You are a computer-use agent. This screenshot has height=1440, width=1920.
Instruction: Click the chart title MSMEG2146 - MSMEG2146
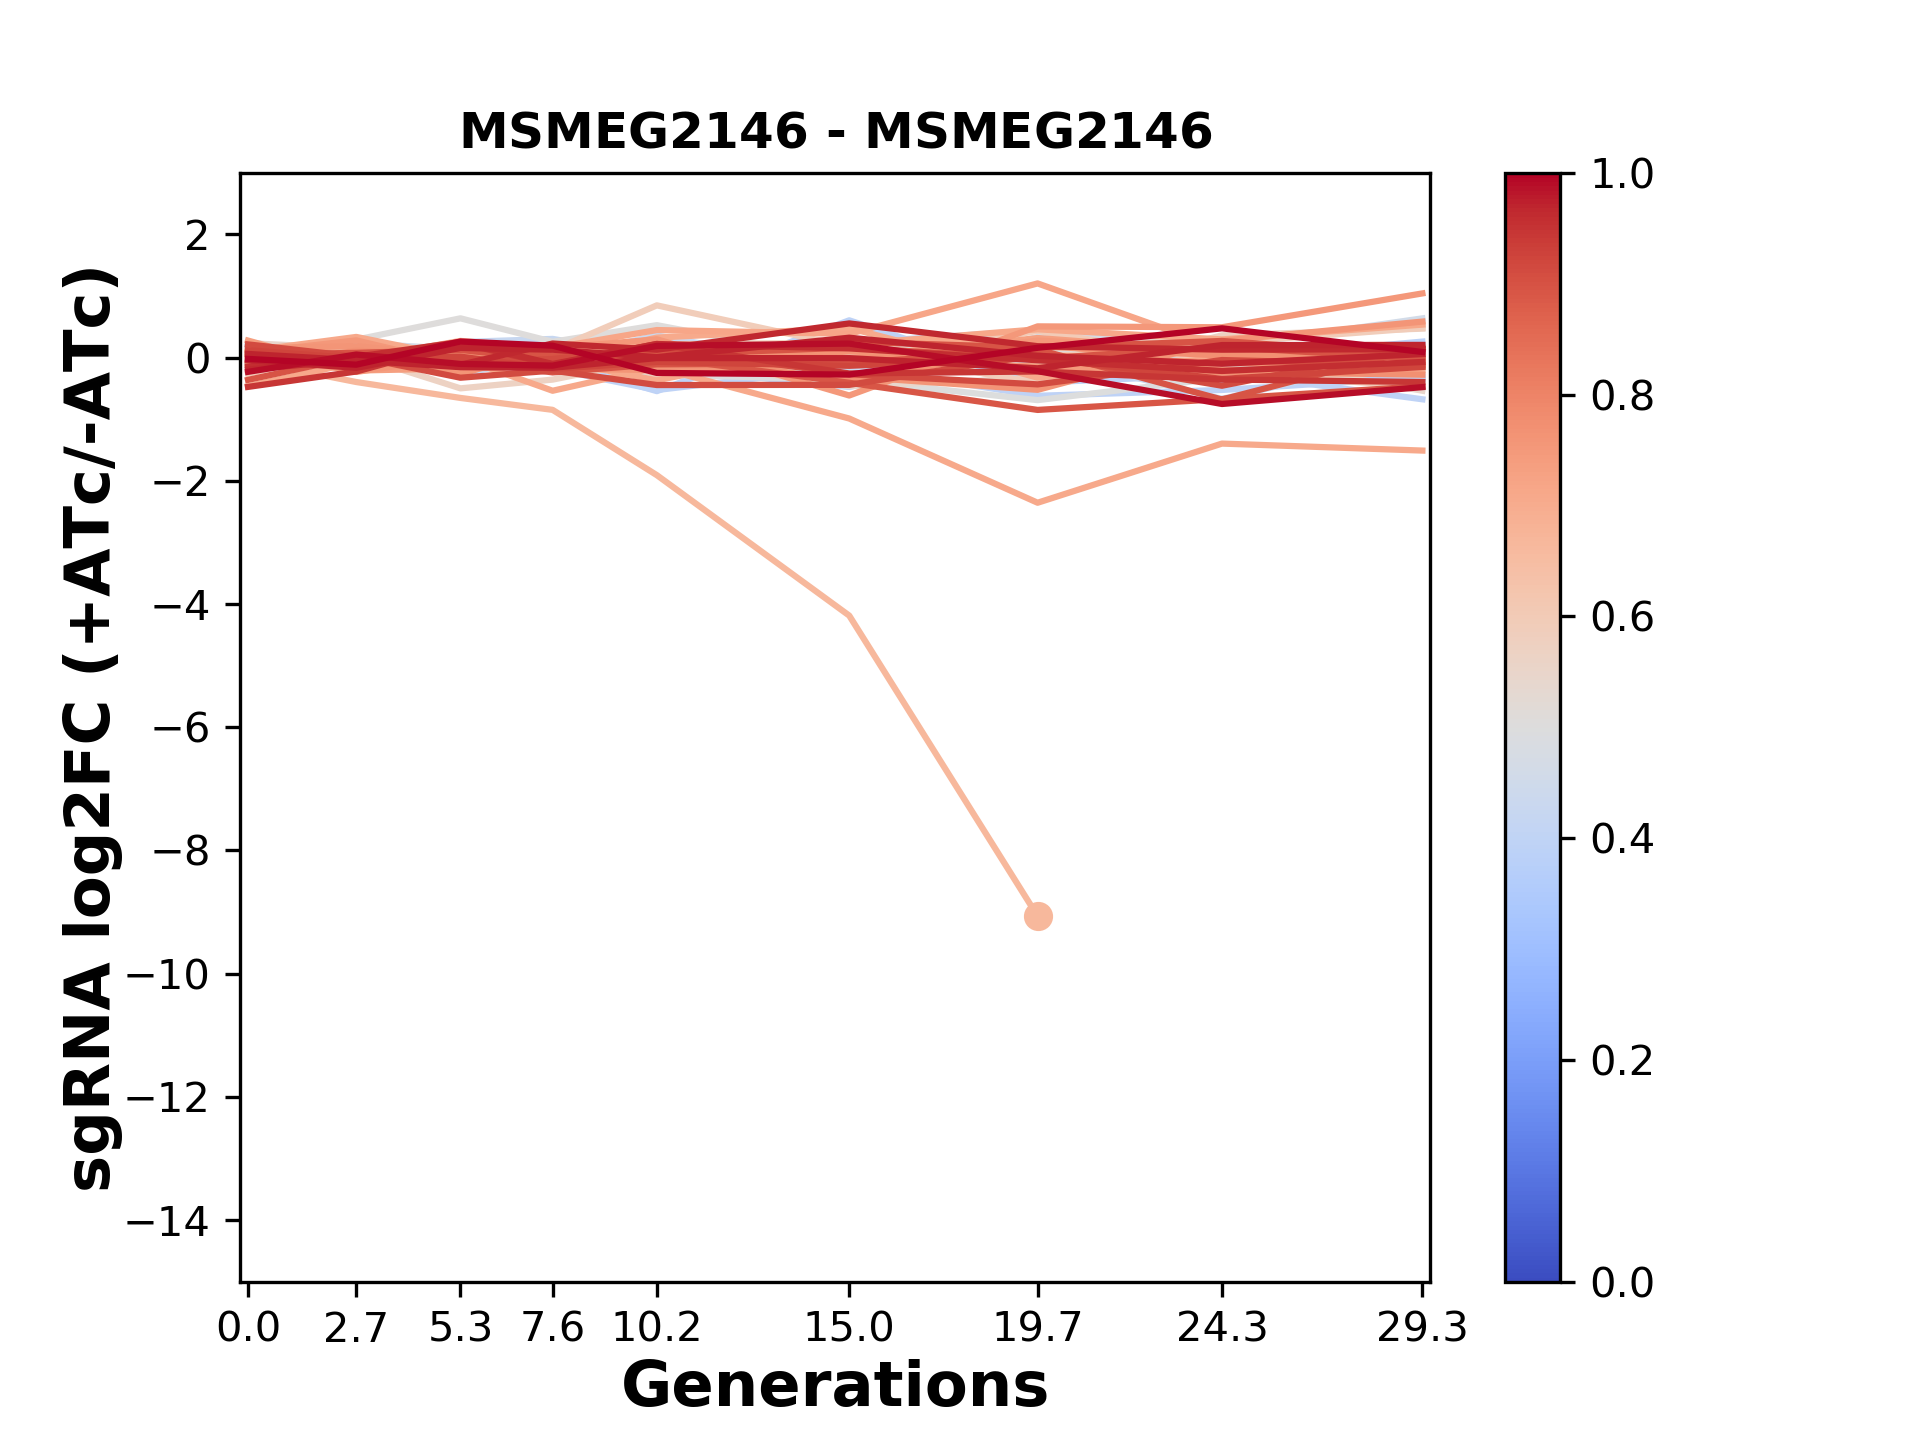coord(835,132)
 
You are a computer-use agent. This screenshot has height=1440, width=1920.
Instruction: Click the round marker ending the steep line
coord(1038,916)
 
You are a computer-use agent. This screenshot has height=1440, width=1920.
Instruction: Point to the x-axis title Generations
coord(835,1386)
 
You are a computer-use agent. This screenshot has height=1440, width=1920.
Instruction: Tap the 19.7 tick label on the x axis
coord(1038,1328)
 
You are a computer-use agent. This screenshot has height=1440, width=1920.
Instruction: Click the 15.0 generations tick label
coord(849,1328)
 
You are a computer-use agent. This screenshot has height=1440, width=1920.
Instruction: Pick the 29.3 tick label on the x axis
coord(1422,1328)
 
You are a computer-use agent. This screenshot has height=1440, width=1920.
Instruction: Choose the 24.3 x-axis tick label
coord(1222,1328)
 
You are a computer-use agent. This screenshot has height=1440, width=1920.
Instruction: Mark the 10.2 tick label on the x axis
coord(656,1328)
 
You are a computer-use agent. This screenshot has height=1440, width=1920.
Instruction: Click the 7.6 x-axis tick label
coord(553,1328)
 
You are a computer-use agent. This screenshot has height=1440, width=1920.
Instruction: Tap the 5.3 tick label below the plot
coord(460,1328)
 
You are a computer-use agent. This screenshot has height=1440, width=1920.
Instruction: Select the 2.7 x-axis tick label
coord(356,1328)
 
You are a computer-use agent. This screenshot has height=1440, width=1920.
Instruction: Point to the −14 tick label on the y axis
coord(167,1221)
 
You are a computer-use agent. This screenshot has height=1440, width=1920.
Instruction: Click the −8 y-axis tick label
coord(180,851)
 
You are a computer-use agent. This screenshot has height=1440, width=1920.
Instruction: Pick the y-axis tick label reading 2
coord(198,236)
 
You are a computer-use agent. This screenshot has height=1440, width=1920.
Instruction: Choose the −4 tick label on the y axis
coord(180,605)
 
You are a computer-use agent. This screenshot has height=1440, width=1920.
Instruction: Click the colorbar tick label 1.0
coord(1622,175)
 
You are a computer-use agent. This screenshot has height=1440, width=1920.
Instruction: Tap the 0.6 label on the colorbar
coord(1622,618)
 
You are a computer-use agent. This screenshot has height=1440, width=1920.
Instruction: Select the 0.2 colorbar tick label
coord(1622,1061)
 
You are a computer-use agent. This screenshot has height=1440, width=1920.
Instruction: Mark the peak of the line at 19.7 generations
coord(1038,284)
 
